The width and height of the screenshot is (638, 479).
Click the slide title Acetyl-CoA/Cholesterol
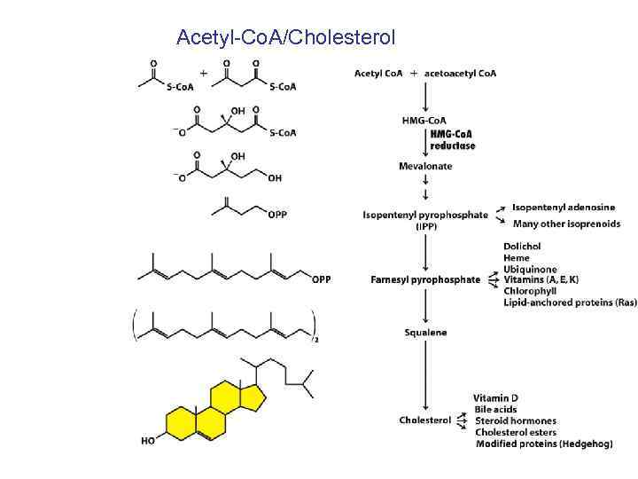pos(285,37)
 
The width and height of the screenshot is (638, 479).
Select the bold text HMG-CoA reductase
pos(452,139)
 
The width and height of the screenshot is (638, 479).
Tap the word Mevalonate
pos(425,166)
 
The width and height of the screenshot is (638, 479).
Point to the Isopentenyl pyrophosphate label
pos(425,215)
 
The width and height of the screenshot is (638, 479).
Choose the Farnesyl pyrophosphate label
pos(425,279)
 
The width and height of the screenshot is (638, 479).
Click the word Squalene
pos(425,333)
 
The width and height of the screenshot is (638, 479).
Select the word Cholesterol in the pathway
pos(425,420)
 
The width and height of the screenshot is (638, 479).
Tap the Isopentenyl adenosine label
pos(563,208)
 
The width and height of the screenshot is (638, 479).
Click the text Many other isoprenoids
pos(565,224)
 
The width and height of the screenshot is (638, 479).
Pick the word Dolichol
pos(522,247)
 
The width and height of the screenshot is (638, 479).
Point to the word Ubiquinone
pos(530,269)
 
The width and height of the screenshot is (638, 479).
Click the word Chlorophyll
pos(530,291)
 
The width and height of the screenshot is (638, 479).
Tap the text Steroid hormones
pos(516,420)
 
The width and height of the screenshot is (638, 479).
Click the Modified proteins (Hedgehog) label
pos(543,444)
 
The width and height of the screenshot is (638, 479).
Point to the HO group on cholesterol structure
pos(148,440)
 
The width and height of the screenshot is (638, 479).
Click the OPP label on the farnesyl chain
pos(322,279)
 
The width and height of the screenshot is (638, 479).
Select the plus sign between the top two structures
pos(205,73)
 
